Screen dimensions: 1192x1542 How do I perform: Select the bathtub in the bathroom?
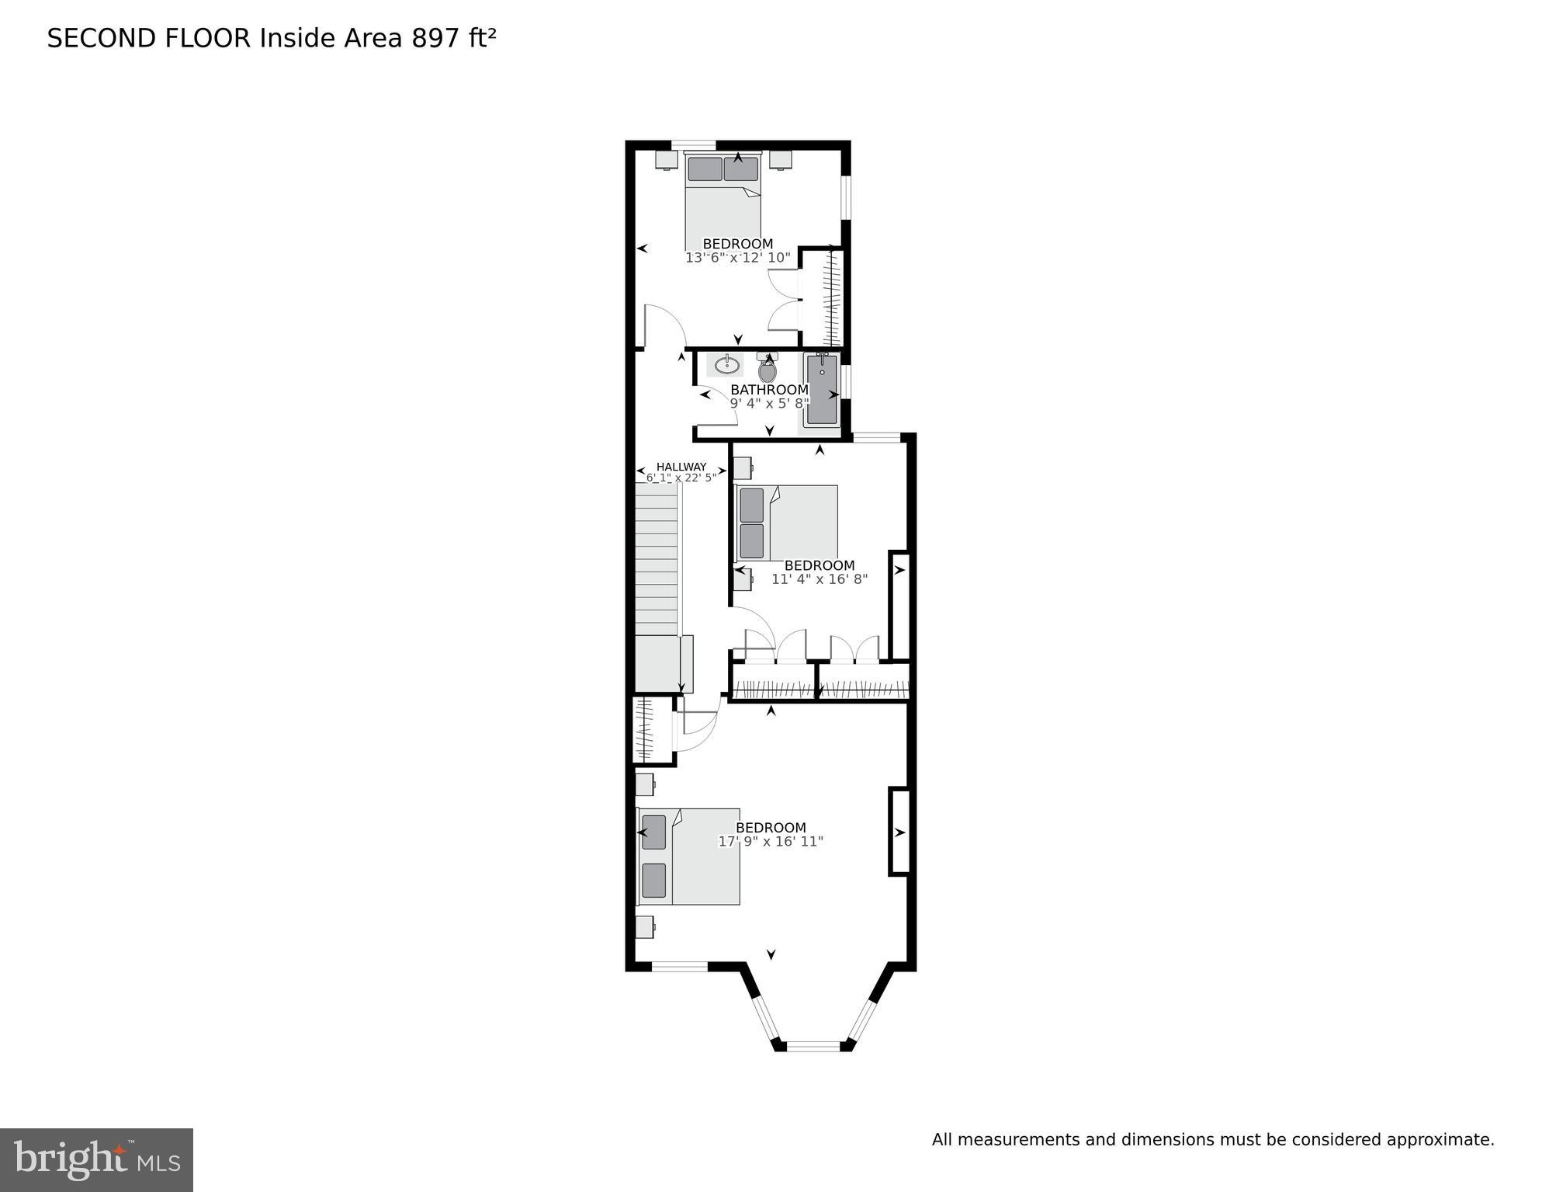pyautogui.click(x=821, y=389)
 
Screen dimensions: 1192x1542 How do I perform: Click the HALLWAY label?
pyautogui.click(x=681, y=467)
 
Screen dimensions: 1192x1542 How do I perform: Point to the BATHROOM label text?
pyautogui.click(x=769, y=389)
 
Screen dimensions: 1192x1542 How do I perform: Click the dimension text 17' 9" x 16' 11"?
pyautogui.click(x=771, y=841)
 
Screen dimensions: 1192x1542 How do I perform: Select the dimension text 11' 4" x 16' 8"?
pyautogui.click(x=819, y=579)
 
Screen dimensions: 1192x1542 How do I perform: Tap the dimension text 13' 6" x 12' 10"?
pyautogui.click(x=737, y=257)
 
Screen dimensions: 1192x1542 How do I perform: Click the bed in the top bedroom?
pyautogui.click(x=722, y=201)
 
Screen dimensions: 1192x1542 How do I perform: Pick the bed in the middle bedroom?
pyautogui.click(x=787, y=523)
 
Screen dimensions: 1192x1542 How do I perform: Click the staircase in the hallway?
pyautogui.click(x=657, y=559)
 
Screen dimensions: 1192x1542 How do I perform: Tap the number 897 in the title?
pyautogui.click(x=436, y=38)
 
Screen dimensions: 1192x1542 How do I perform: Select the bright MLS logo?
pyautogui.click(x=96, y=1159)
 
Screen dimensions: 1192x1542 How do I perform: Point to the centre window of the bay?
pyautogui.click(x=813, y=1045)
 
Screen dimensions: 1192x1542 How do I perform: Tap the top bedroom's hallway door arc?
pyautogui.click(x=666, y=322)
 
